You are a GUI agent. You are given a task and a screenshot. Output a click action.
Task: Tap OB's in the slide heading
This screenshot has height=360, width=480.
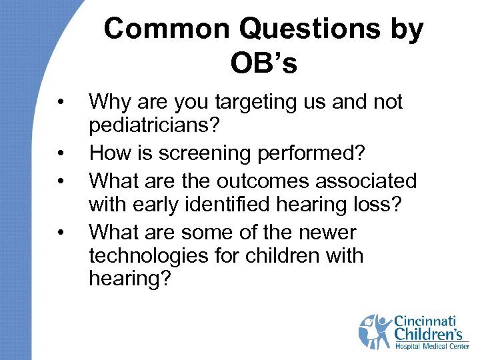pos(263,64)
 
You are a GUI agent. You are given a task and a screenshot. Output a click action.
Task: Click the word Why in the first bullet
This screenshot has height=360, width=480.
pos(109,102)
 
